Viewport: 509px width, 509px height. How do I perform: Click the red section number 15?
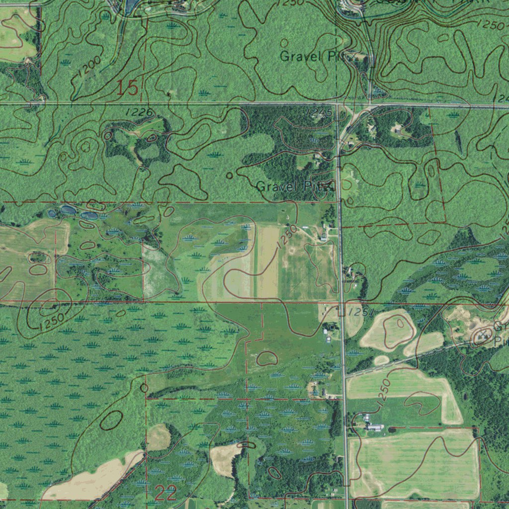(x=127, y=87)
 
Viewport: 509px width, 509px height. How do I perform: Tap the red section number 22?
(x=166, y=494)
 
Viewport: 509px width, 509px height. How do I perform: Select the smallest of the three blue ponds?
(x=52, y=214)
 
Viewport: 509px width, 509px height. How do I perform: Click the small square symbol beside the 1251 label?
(x=341, y=312)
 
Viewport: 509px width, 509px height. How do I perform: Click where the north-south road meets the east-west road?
(x=338, y=105)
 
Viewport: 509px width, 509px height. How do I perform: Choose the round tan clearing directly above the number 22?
(x=158, y=437)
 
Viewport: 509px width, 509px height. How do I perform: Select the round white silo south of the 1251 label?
(x=329, y=339)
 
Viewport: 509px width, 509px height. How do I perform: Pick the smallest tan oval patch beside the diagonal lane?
(x=381, y=360)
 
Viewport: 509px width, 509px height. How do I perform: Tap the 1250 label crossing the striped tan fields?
(x=287, y=237)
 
